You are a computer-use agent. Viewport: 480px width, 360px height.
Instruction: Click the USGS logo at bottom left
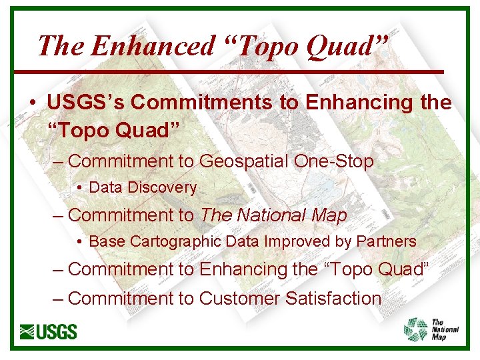click(x=49, y=331)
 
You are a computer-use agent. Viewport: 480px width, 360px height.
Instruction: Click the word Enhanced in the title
click(x=153, y=45)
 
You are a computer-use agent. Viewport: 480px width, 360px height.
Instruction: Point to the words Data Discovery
click(x=143, y=188)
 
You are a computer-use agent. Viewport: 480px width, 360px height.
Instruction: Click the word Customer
click(x=239, y=299)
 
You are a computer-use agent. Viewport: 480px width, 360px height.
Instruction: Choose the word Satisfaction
click(x=333, y=299)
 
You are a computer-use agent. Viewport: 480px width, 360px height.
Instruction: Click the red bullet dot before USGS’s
click(x=32, y=104)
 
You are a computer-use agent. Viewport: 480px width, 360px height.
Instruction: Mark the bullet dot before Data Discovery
click(x=80, y=189)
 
